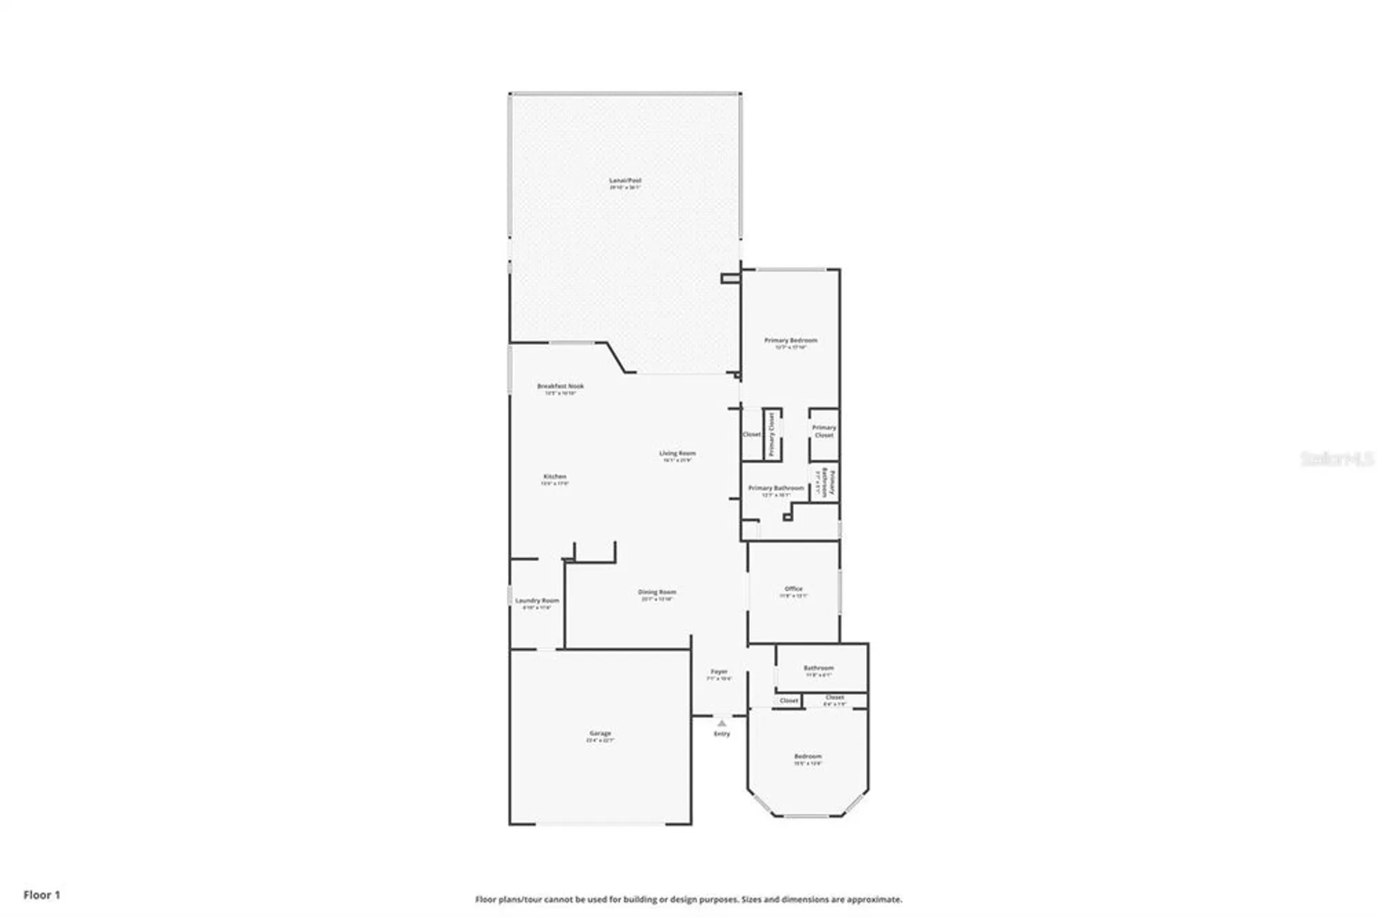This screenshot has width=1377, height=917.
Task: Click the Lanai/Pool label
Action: pos(625,180)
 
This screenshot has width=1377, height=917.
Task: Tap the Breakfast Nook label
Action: pos(560,386)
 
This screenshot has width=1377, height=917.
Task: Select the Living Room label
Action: pos(677,453)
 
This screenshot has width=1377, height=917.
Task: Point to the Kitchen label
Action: pos(555,476)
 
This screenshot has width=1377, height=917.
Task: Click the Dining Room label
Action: pos(657,592)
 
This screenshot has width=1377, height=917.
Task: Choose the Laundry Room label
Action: pos(537,601)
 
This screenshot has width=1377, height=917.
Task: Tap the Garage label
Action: pos(600,733)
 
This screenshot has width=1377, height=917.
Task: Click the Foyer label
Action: pos(719,671)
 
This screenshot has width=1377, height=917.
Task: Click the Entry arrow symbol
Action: pos(722,724)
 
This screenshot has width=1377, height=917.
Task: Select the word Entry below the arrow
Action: pos(722,734)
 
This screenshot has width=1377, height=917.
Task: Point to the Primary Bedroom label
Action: pos(790,340)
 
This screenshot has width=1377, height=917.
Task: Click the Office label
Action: pos(793,589)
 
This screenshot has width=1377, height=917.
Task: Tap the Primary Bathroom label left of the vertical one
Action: pos(776,488)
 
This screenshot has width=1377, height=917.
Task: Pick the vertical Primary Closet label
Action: pos(772,434)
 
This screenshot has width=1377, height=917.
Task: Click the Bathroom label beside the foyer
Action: pos(819,668)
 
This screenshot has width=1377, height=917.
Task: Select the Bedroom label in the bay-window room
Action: pos(808,756)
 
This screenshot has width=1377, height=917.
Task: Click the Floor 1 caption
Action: pos(42,895)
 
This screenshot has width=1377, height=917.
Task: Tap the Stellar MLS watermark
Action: pos(1336,458)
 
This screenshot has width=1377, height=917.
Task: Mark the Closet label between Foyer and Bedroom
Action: pos(789,701)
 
